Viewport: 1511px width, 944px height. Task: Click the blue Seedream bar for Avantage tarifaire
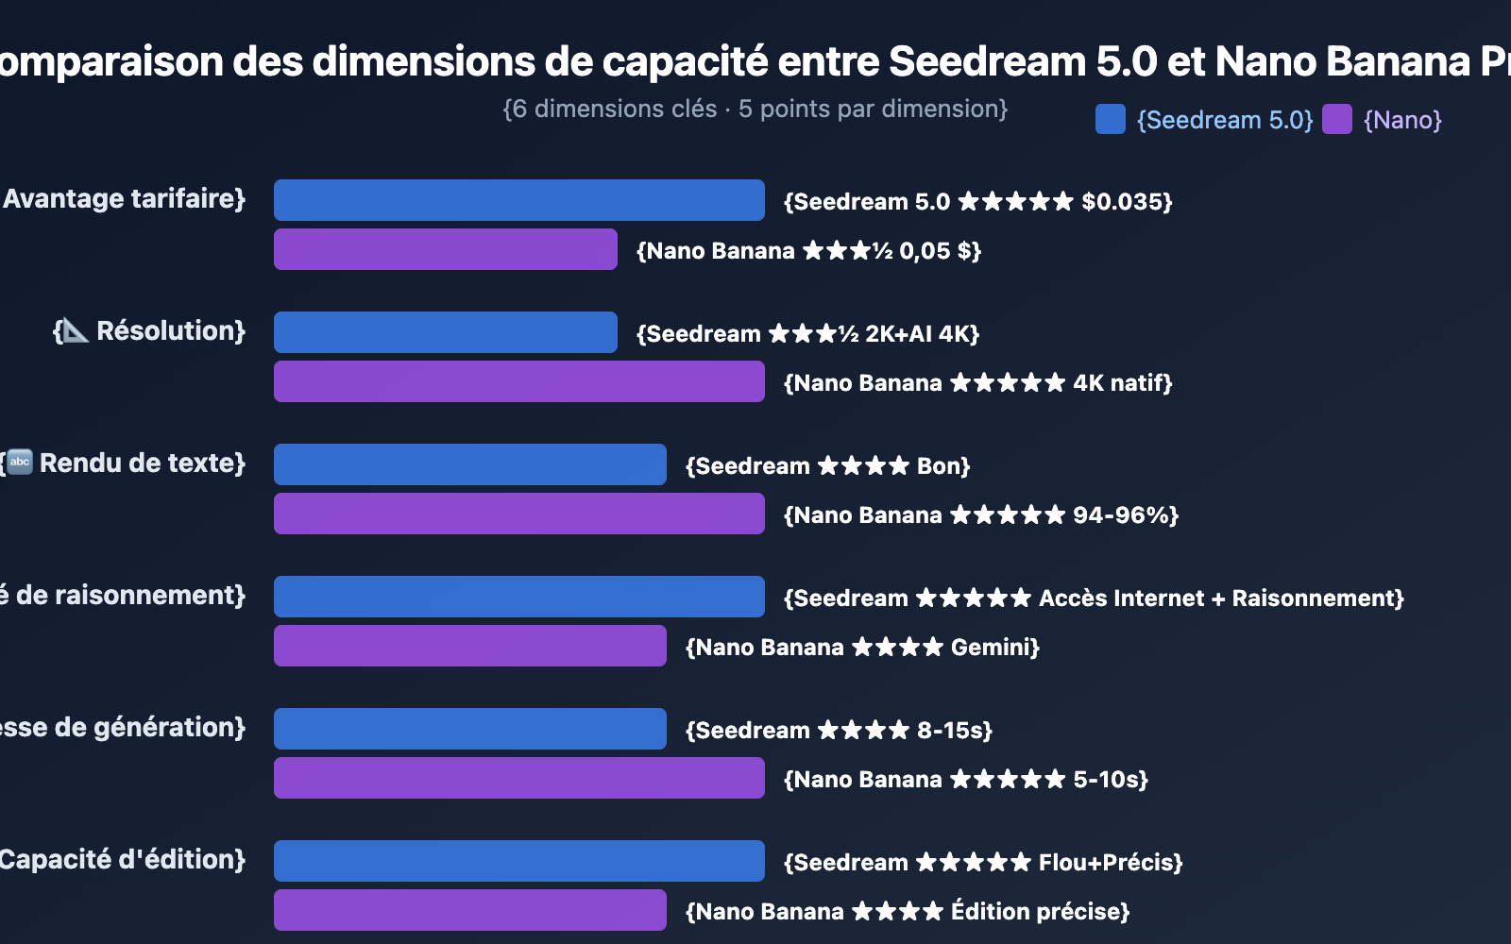[518, 200]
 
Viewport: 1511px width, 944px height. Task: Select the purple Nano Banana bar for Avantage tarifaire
[445, 249]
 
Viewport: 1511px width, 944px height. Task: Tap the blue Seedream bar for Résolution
[445, 332]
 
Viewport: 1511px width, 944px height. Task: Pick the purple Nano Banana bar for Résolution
[518, 381]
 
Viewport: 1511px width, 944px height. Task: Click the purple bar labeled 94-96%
[518, 514]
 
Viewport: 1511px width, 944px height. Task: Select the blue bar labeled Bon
[469, 464]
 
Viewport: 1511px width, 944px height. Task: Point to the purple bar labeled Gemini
[469, 646]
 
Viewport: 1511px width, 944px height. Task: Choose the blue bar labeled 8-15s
[469, 729]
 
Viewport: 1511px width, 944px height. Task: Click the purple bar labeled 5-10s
[518, 778]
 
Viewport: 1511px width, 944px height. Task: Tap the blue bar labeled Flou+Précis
[518, 861]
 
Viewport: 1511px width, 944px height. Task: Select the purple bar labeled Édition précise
[469, 910]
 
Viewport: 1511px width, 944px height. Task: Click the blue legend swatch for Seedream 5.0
[1110, 120]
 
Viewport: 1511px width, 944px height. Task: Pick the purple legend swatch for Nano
[1336, 120]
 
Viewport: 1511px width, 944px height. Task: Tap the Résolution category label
[170, 331]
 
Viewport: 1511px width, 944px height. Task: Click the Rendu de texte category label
[142, 464]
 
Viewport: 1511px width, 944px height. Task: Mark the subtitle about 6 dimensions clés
[755, 110]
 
